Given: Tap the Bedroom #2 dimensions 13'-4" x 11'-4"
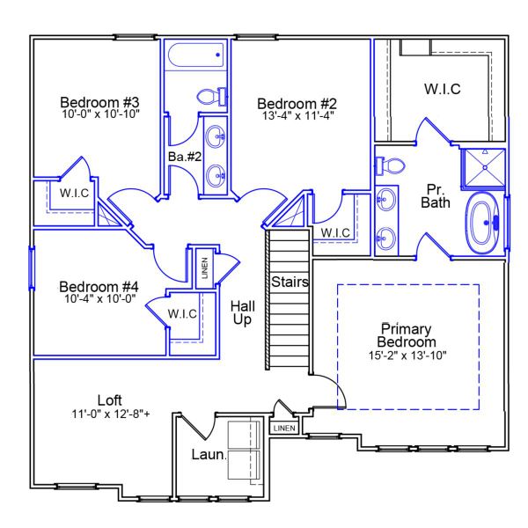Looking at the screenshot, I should click(x=297, y=114).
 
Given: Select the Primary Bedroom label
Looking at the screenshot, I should click(x=407, y=335).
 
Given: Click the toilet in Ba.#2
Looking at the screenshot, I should click(x=212, y=96).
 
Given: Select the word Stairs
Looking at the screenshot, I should click(x=288, y=282).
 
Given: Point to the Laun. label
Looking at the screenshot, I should click(x=209, y=455).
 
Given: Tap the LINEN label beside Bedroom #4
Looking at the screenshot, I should click(x=204, y=267).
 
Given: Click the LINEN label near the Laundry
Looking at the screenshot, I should click(x=284, y=429).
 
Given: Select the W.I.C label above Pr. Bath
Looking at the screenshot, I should click(x=442, y=90).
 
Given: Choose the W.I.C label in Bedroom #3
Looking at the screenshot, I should click(x=75, y=193).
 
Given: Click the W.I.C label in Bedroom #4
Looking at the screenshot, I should click(x=182, y=313).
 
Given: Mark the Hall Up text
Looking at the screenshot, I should click(x=242, y=312).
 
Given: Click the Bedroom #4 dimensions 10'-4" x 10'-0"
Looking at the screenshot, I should click(x=99, y=300).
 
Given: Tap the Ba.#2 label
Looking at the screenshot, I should click(x=182, y=157).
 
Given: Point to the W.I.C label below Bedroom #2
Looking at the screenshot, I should click(x=335, y=232).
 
